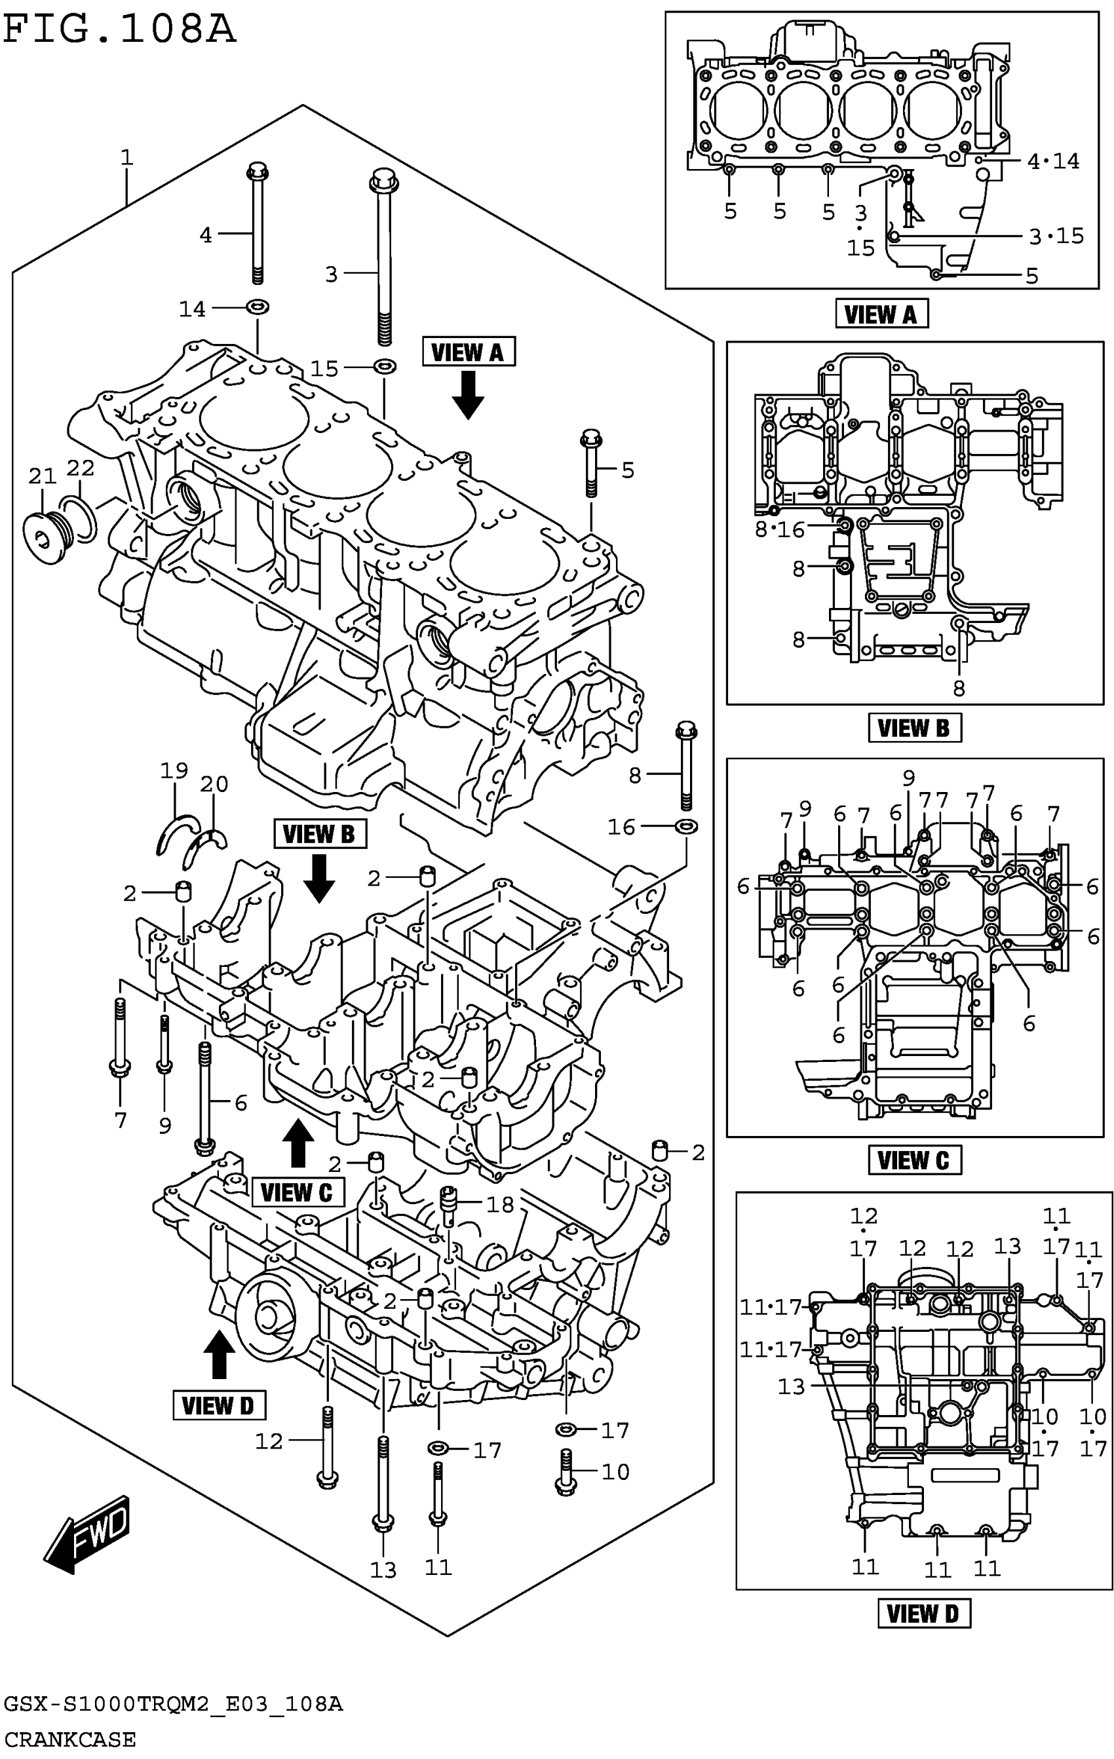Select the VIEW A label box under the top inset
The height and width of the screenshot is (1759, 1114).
(x=881, y=314)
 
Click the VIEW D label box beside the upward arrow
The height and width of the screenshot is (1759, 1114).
(x=218, y=1405)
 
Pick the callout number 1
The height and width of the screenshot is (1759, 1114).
(x=127, y=157)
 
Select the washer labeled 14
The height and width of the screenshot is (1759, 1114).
(x=257, y=306)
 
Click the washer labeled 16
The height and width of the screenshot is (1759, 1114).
(x=685, y=826)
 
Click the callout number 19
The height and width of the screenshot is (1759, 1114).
(x=174, y=770)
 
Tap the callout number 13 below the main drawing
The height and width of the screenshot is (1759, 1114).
(x=383, y=1569)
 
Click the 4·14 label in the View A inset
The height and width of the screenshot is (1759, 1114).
(x=1053, y=161)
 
